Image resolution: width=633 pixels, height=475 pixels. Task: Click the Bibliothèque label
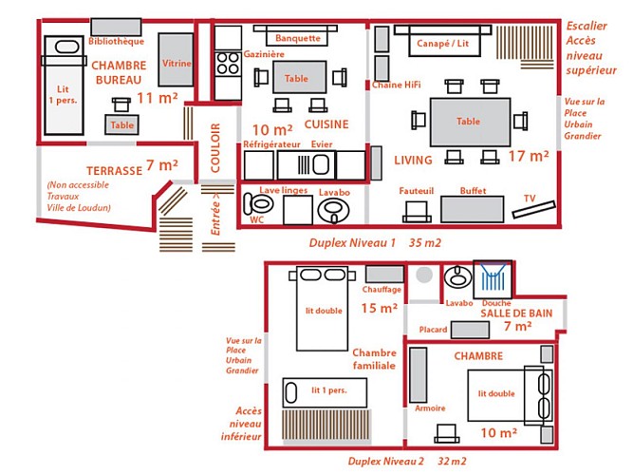pyautogui.click(x=116, y=42)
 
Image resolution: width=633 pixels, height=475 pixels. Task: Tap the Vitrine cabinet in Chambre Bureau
pyautogui.click(x=177, y=62)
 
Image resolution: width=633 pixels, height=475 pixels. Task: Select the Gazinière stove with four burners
pyautogui.click(x=229, y=65)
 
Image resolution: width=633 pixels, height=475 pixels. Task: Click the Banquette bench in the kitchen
pyautogui.click(x=297, y=38)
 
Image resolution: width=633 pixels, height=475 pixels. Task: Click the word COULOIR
pyautogui.click(x=214, y=147)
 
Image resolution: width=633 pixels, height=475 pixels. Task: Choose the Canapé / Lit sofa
pyautogui.click(x=444, y=44)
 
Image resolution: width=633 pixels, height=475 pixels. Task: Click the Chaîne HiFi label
pyautogui.click(x=397, y=85)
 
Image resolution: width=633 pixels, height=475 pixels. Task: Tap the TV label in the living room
pyautogui.click(x=530, y=199)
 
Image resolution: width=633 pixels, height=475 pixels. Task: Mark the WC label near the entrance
pyautogui.click(x=255, y=218)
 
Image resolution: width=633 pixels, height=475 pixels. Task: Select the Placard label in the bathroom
pyautogui.click(x=433, y=330)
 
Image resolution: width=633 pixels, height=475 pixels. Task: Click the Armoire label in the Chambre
pyautogui.click(x=430, y=408)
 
